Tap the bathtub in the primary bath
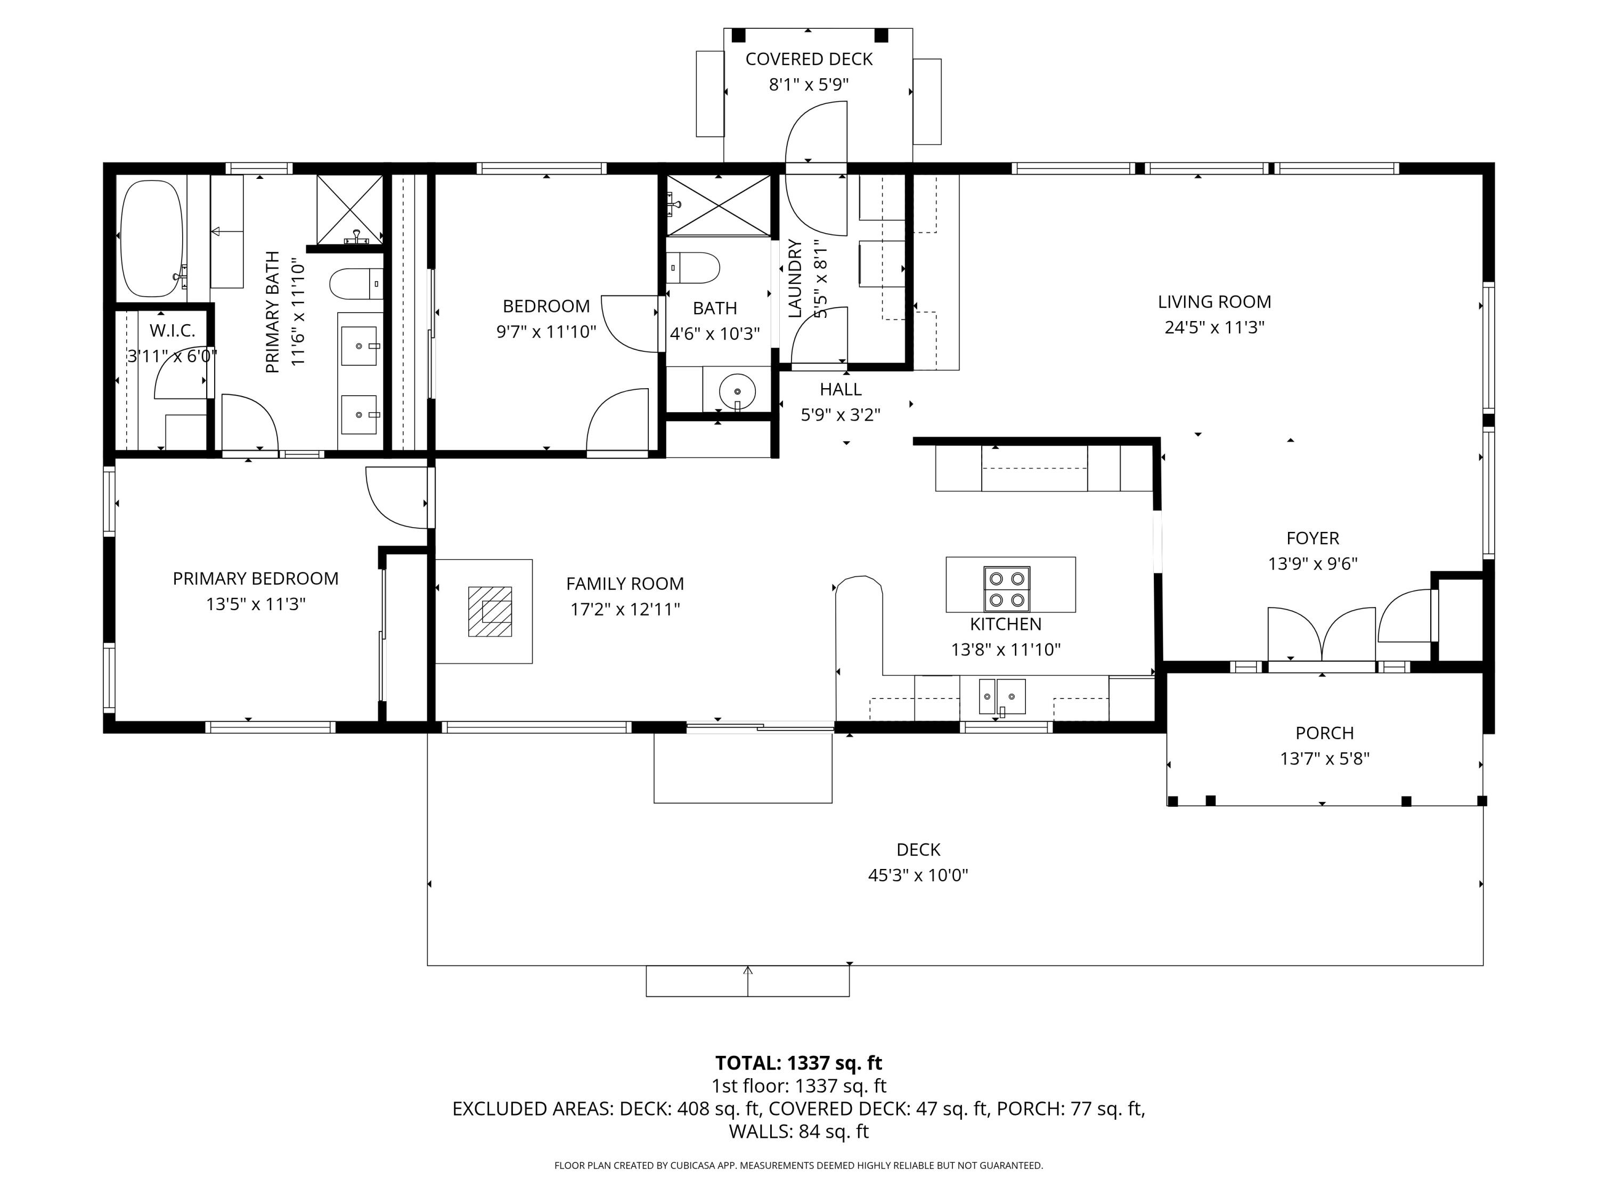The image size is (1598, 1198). click(152, 239)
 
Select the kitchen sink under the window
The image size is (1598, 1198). click(1002, 697)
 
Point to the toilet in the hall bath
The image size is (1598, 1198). click(693, 268)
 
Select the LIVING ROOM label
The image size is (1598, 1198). click(1214, 302)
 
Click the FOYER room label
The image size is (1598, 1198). click(1312, 538)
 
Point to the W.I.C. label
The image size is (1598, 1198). click(173, 331)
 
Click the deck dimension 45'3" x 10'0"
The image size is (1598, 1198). click(918, 875)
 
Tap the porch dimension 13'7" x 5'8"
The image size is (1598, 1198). click(1325, 758)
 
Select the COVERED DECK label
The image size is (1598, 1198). click(809, 59)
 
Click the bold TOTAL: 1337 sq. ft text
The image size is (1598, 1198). click(799, 1063)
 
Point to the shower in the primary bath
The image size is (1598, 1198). click(349, 209)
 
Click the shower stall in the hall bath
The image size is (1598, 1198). click(718, 205)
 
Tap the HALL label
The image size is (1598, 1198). click(841, 389)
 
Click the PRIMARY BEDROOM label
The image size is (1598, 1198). click(256, 578)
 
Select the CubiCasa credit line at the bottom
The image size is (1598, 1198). click(799, 1166)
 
